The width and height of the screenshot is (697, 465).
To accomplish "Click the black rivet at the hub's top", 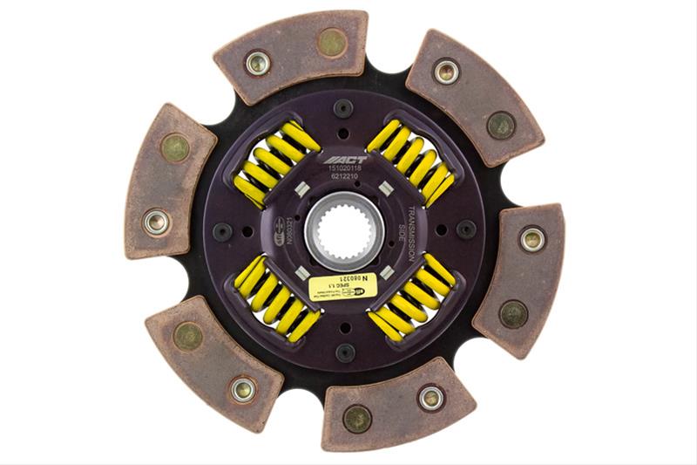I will click(343, 108).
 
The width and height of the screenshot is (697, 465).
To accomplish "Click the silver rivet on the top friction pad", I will click(258, 62).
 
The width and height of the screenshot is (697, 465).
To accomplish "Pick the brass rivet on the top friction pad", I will click(331, 42).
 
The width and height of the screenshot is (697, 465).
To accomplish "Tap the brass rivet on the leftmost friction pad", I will click(175, 147).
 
